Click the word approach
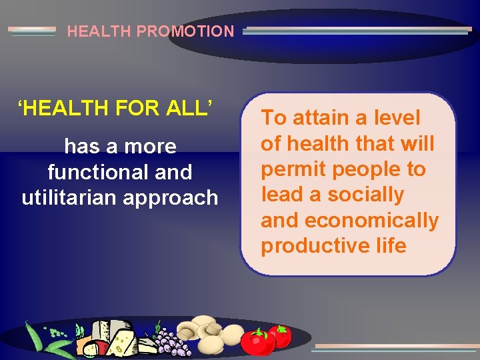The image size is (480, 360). pyautogui.click(x=181, y=198)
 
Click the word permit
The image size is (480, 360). pyautogui.click(x=293, y=169)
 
